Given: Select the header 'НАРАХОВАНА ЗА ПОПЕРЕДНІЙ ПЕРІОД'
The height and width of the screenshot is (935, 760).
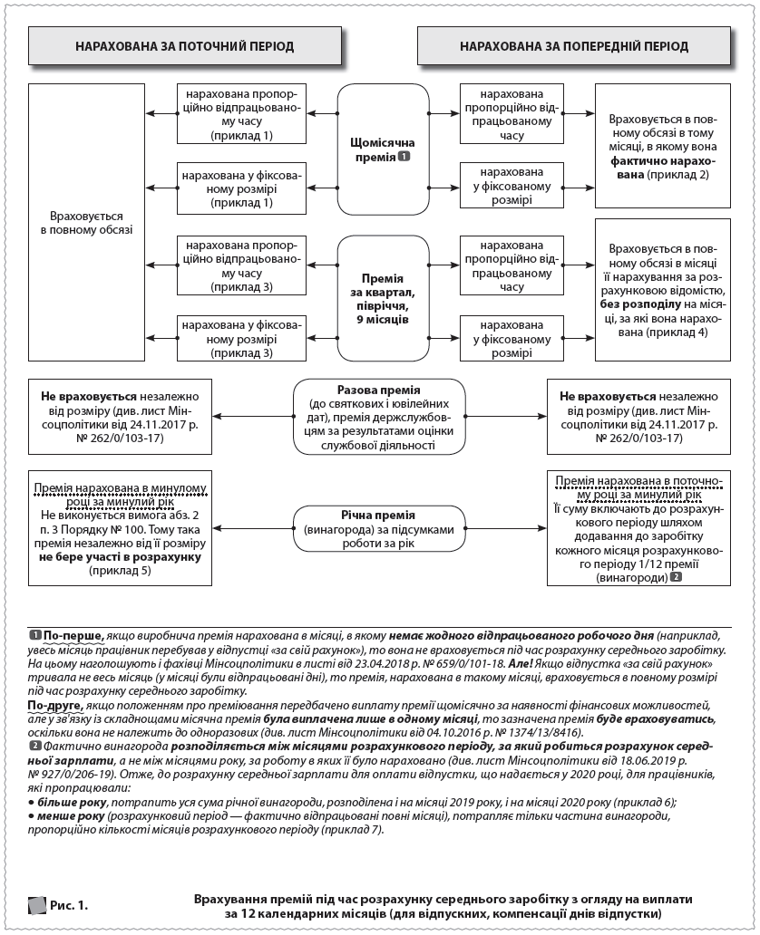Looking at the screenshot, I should click(573, 45).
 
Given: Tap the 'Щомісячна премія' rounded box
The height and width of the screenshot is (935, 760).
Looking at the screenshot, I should click(382, 149).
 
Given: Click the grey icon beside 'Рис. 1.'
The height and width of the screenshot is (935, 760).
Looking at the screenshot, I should click(36, 903).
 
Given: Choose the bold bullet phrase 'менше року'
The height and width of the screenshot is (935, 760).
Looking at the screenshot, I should click(63, 816).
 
